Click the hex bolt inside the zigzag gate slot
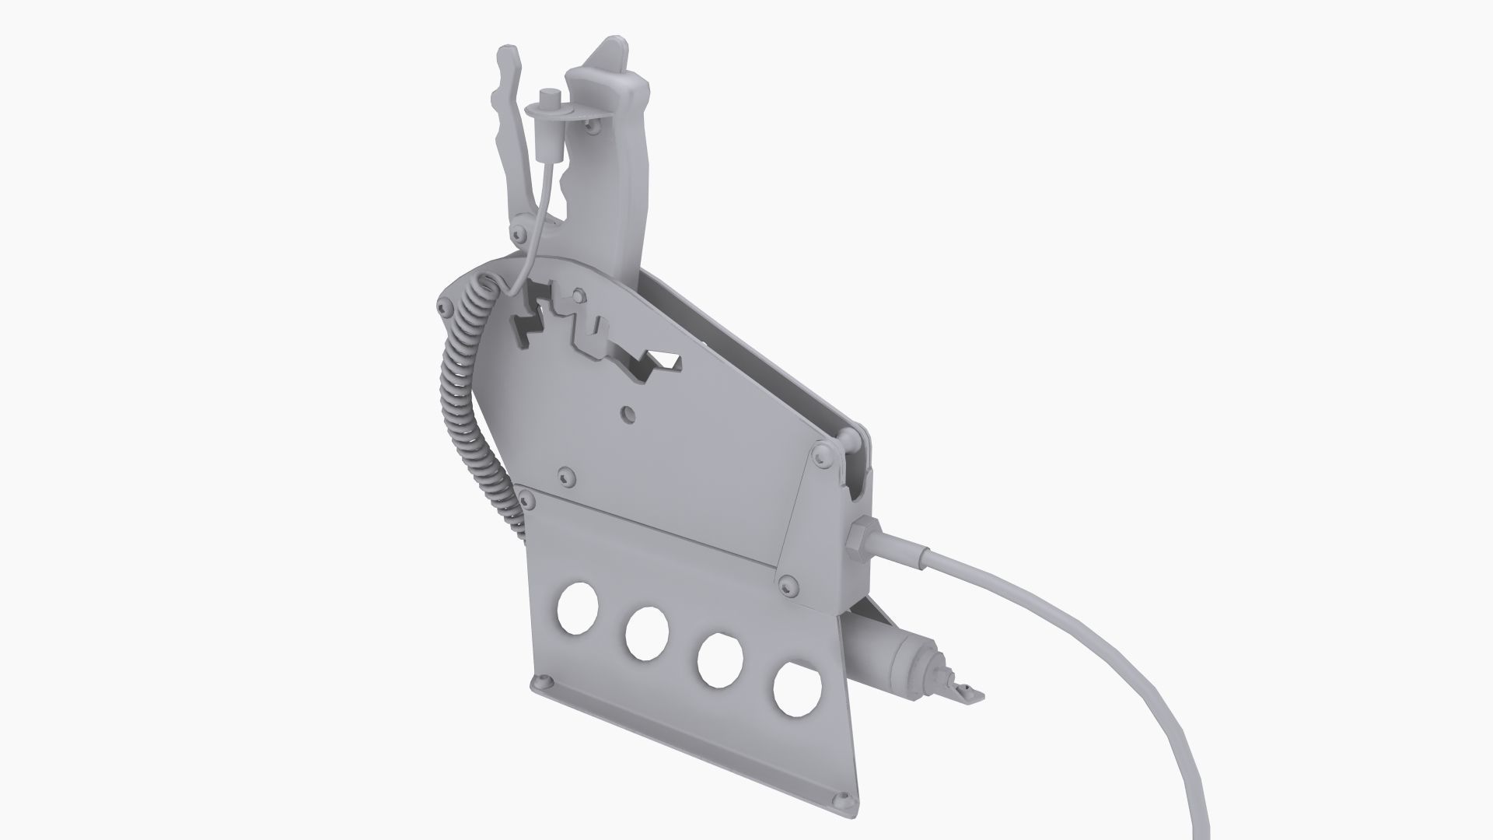pyautogui.click(x=578, y=296)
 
